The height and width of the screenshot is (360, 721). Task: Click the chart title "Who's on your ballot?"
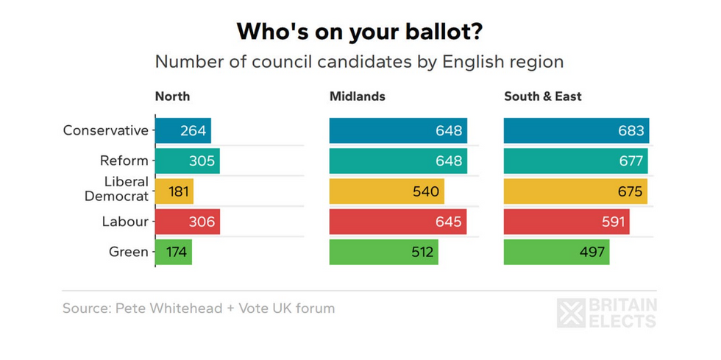(360, 32)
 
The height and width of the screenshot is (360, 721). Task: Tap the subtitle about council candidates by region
(359, 62)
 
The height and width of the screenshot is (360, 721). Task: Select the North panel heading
(172, 96)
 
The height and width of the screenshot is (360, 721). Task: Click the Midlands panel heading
(357, 96)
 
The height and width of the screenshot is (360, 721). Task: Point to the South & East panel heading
(542, 96)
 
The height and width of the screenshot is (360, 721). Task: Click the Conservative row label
(106, 131)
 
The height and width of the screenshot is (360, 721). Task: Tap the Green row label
(129, 253)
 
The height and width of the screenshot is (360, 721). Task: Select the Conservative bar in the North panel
(183, 131)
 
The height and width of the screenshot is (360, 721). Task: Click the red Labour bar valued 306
(188, 222)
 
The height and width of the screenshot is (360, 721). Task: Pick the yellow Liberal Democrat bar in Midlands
(386, 191)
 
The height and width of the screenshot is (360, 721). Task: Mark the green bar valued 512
(383, 253)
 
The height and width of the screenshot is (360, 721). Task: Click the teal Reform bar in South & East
(575, 161)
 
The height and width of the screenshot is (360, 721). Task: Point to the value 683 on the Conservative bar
(631, 131)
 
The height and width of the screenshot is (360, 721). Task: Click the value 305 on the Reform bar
(201, 161)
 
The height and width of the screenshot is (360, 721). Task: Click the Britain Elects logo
(607, 313)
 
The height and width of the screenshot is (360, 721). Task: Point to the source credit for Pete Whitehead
(199, 308)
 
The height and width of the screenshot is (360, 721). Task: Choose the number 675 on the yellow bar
(630, 191)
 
